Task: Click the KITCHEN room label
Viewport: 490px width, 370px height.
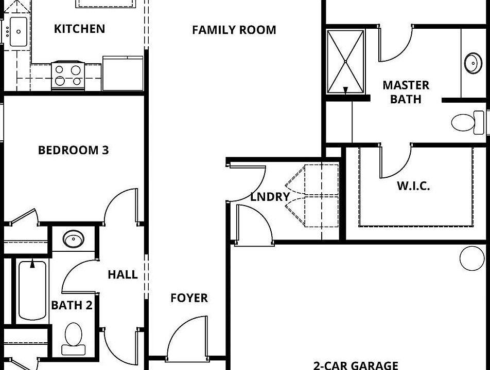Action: pyautogui.click(x=79, y=29)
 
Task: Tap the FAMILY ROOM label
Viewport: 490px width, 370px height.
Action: pyautogui.click(x=234, y=30)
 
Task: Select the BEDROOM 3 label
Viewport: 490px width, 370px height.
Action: pyautogui.click(x=73, y=151)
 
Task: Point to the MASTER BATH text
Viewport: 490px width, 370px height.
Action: pyautogui.click(x=406, y=92)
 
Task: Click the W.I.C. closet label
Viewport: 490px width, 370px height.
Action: pyautogui.click(x=413, y=186)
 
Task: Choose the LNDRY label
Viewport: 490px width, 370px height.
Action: pyautogui.click(x=270, y=197)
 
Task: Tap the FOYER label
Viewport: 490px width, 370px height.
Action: pyautogui.click(x=189, y=298)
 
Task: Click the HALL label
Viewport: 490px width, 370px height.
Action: pyautogui.click(x=122, y=274)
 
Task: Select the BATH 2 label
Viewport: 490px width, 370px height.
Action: pyautogui.click(x=72, y=305)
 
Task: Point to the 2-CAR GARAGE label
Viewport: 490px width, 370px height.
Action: pyautogui.click(x=356, y=365)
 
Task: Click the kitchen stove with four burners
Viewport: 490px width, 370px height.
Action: pyautogui.click(x=68, y=75)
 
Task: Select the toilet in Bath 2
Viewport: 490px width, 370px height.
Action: pyautogui.click(x=74, y=338)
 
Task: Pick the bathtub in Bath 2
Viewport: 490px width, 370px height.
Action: pyautogui.click(x=32, y=291)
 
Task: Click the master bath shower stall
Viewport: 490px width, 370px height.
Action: pyautogui.click(x=346, y=62)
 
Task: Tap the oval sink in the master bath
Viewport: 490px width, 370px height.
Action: pyautogui.click(x=472, y=63)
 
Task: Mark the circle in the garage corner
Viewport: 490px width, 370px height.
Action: pyautogui.click(x=471, y=258)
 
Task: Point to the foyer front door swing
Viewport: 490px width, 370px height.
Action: pyautogui.click(x=187, y=336)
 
